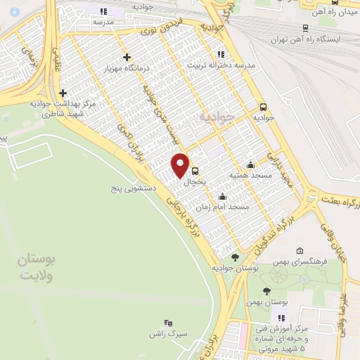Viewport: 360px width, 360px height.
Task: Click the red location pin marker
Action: coord(180,165)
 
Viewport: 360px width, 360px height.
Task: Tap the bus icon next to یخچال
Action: coord(195,170)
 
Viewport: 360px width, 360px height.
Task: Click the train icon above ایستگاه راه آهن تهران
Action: coord(304,28)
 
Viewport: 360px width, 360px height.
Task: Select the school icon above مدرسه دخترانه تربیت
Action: coord(221,54)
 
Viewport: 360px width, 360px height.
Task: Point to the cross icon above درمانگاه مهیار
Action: coord(127,57)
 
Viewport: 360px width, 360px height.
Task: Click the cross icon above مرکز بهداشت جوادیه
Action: coord(63,93)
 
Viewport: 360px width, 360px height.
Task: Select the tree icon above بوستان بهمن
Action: coord(265,291)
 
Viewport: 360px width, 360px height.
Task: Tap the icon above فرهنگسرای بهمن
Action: coord(300,250)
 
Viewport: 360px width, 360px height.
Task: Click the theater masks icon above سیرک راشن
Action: coord(167,321)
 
